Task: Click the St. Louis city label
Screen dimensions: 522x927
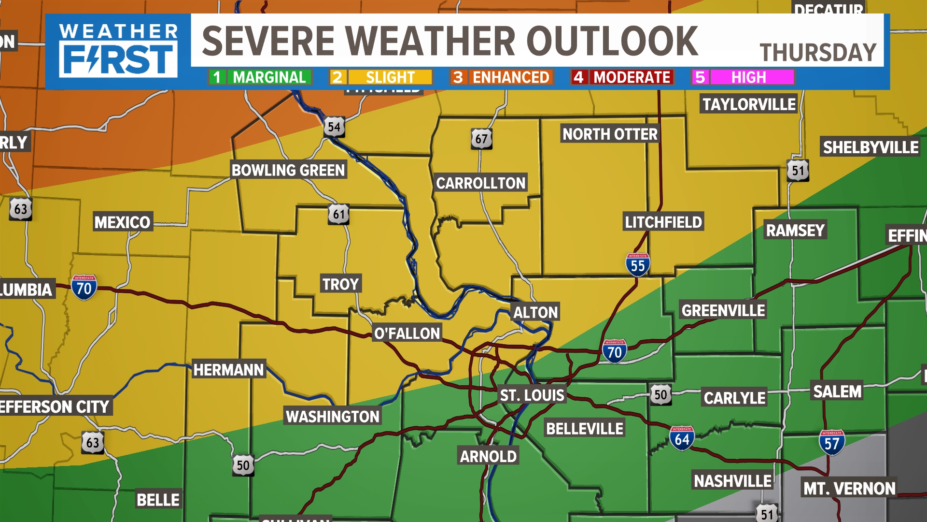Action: click(x=532, y=395)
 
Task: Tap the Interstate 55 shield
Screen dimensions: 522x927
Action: click(x=637, y=265)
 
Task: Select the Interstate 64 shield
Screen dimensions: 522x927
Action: click(x=682, y=438)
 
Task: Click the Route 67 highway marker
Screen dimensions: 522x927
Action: click(x=481, y=139)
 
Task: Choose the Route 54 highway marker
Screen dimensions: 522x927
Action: click(x=334, y=127)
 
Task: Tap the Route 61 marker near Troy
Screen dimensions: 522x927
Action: click(x=339, y=214)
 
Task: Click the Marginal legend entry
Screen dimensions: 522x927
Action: click(x=260, y=77)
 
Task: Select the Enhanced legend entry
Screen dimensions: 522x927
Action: click(x=502, y=77)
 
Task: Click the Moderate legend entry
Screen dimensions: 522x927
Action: click(x=622, y=77)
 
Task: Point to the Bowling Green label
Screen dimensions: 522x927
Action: click(x=288, y=170)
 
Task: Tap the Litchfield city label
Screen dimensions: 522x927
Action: click(x=663, y=222)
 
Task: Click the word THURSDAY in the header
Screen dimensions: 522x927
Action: click(x=818, y=52)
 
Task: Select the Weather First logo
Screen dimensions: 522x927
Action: click(x=118, y=51)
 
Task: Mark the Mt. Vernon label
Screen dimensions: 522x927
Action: click(x=849, y=488)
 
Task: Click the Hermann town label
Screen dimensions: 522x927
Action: click(x=228, y=370)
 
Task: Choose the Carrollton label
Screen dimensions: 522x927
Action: click(x=480, y=183)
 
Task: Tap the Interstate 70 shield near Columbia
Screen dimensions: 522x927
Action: click(x=84, y=288)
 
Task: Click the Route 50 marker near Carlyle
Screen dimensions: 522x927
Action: click(x=660, y=395)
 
